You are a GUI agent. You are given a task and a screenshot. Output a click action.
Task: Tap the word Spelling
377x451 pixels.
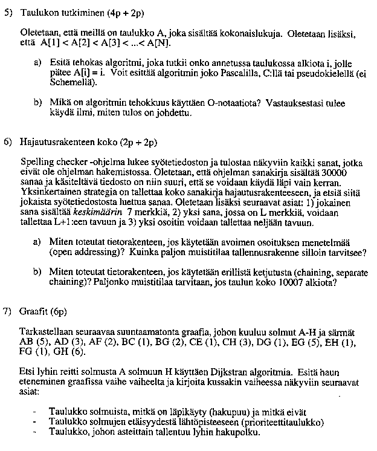35,163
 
